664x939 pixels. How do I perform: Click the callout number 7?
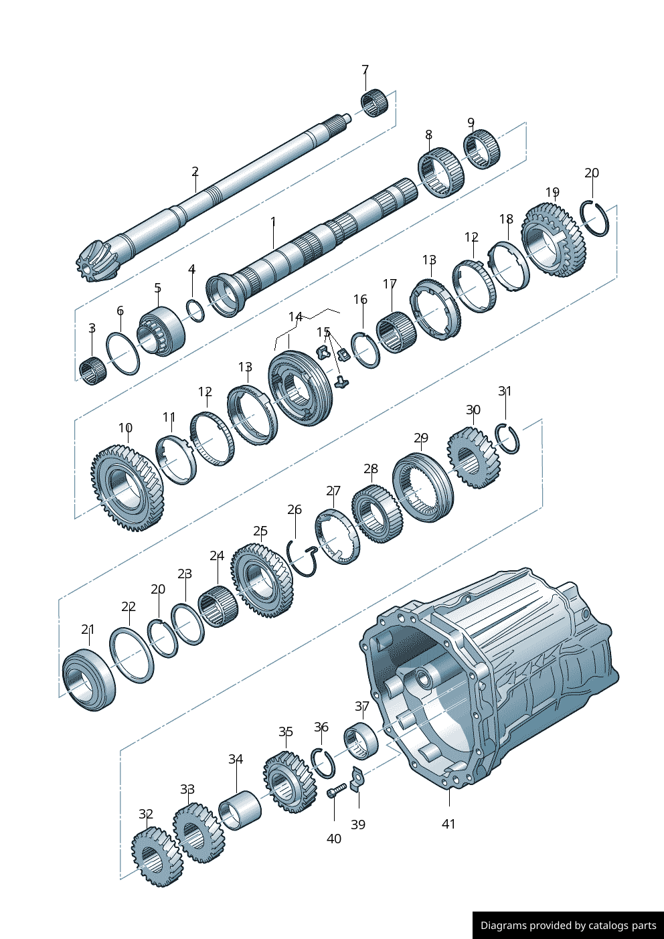tap(365, 70)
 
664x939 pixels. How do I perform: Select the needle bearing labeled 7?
tap(375, 102)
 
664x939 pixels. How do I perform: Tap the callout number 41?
tap(448, 824)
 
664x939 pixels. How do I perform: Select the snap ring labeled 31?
tap(508, 438)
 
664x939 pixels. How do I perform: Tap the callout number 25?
tap(260, 531)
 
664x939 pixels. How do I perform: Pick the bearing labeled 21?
tap(88, 679)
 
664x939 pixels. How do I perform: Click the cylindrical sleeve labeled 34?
tap(240, 810)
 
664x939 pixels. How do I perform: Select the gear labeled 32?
tap(156, 857)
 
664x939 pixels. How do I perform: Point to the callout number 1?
tap(273, 222)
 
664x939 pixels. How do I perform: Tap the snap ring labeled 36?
tap(323, 763)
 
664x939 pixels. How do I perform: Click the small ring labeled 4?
tap(195, 311)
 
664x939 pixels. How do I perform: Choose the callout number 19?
tap(552, 193)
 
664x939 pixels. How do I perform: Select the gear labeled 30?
tap(474, 458)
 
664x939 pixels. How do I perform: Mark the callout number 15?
tap(323, 332)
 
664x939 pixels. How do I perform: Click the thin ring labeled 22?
tap(131, 655)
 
